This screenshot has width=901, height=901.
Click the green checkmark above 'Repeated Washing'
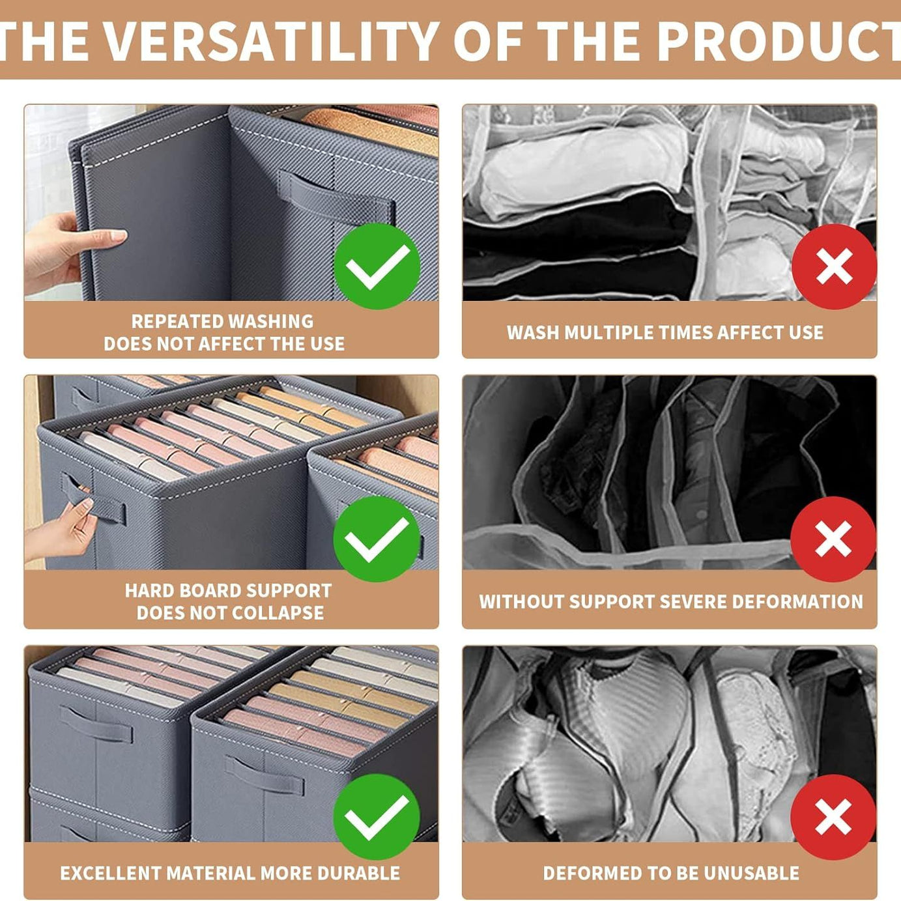pyautogui.click(x=377, y=266)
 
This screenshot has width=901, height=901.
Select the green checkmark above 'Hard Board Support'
pyautogui.click(x=377, y=539)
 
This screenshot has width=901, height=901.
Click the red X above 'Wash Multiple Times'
pyautogui.click(x=834, y=266)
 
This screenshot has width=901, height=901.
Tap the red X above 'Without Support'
pyautogui.click(x=833, y=539)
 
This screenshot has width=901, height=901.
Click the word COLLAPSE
pyautogui.click(x=278, y=612)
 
